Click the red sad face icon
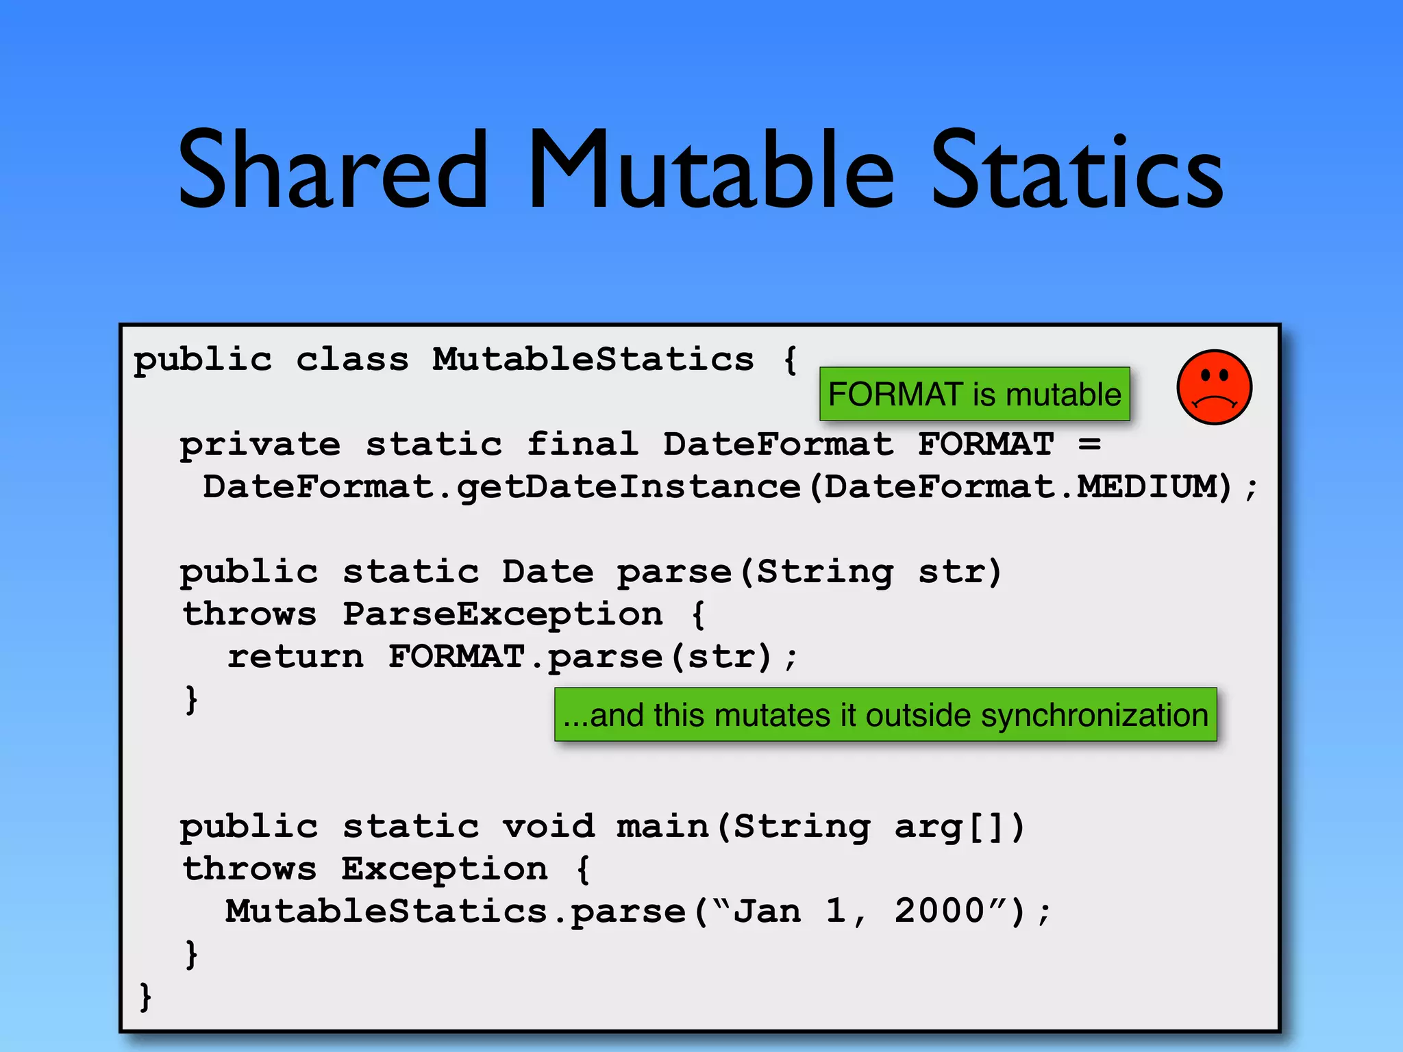click(1214, 388)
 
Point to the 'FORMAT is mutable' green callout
click(974, 394)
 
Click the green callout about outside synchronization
click(885, 715)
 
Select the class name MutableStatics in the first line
click(593, 359)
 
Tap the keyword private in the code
click(260, 445)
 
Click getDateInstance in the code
click(629, 488)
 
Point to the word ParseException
click(503, 614)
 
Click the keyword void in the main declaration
click(548, 826)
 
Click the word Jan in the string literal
click(767, 911)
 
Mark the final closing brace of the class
click(145, 996)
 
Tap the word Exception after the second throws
click(445, 868)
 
